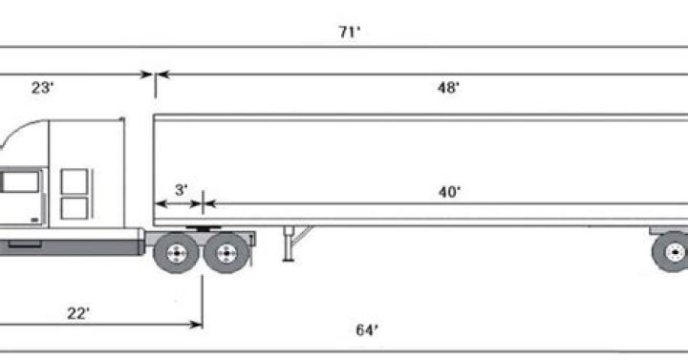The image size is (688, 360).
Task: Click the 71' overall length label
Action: (350, 32)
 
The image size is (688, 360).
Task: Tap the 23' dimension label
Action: (43, 88)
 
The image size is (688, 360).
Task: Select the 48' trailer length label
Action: (448, 88)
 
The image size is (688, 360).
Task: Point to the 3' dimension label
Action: (182, 190)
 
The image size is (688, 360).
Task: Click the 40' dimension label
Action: (450, 192)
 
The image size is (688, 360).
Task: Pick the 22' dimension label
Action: (78, 313)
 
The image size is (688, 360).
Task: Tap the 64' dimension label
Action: (367, 329)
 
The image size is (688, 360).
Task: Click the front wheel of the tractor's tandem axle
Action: (177, 253)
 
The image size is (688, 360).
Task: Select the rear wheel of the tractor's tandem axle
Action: (226, 253)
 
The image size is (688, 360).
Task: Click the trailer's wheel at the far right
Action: (672, 252)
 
